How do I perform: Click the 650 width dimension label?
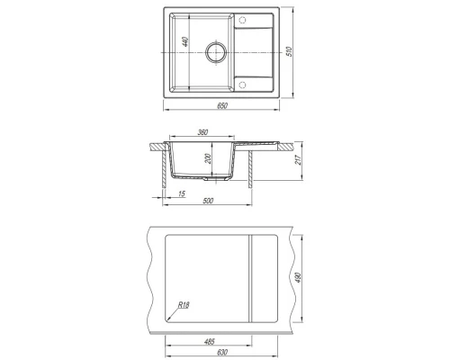pyautogui.click(x=222, y=105)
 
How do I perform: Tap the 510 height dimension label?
pyautogui.click(x=290, y=52)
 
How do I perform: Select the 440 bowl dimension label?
pyautogui.click(x=185, y=41)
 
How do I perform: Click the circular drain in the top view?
pyautogui.click(x=215, y=52)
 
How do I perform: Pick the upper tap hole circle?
pyautogui.click(x=242, y=21)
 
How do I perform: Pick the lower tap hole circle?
pyautogui.click(x=242, y=85)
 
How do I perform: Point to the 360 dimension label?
pyautogui.click(x=202, y=132)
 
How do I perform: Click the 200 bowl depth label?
pyautogui.click(x=208, y=158)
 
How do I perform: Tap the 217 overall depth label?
pyautogui.click(x=298, y=159)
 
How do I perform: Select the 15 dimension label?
pyautogui.click(x=182, y=193)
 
